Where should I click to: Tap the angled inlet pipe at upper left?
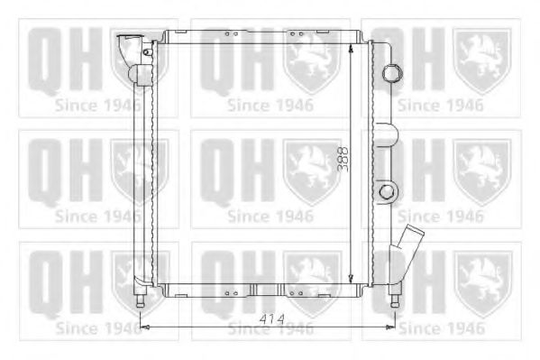128,45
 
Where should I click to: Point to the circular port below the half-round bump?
388,191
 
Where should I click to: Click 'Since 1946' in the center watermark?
270,216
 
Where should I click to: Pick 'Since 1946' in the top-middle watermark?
270,105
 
